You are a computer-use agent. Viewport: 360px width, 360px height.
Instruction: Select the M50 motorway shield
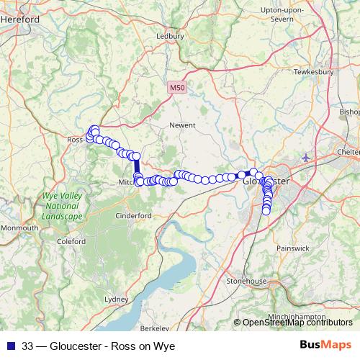(x=178, y=88)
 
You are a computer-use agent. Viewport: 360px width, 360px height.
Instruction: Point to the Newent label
(x=182, y=125)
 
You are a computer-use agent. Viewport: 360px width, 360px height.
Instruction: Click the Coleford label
(x=71, y=242)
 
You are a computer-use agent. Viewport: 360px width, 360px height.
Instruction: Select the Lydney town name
(x=116, y=298)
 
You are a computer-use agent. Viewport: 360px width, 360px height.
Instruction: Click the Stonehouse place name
(x=246, y=281)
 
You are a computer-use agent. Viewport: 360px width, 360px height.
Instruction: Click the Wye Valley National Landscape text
(x=62, y=205)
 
